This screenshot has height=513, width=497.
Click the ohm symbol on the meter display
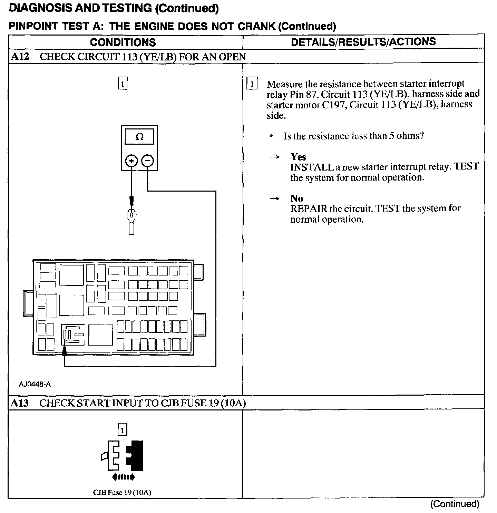click(x=139, y=137)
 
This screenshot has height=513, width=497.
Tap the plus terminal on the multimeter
click(x=131, y=161)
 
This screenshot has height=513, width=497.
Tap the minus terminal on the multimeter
click(x=147, y=161)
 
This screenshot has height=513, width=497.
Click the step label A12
click(x=20, y=56)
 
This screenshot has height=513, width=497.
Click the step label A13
click(x=20, y=403)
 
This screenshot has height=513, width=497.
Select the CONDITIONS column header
click(x=123, y=42)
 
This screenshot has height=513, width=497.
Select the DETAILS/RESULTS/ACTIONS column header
click(x=363, y=42)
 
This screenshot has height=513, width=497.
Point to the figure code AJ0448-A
click(x=35, y=384)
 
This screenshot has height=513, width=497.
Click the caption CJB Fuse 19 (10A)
click(x=122, y=492)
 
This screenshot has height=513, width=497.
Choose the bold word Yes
click(x=298, y=157)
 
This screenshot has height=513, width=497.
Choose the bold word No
click(x=297, y=198)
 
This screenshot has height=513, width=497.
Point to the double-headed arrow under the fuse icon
click(x=124, y=477)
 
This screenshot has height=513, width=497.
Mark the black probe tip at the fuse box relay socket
click(x=64, y=351)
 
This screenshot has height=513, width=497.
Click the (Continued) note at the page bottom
click(x=455, y=504)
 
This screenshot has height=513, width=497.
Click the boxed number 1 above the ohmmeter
click(x=123, y=84)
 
